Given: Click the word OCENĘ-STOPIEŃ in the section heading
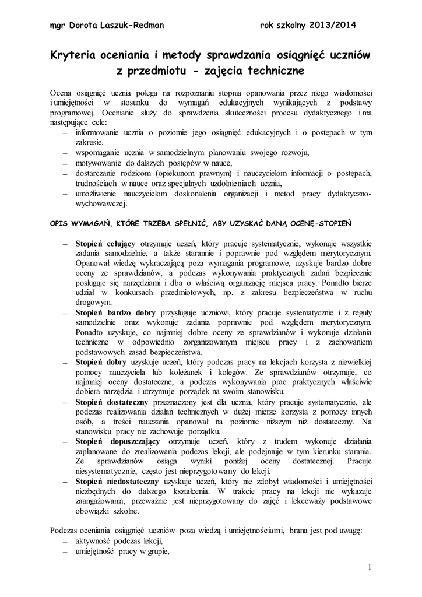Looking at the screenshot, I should point(325,223).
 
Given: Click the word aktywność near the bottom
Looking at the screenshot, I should point(94,541).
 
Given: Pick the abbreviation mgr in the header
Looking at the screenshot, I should point(58,26).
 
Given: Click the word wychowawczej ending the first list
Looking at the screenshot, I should point(101,204).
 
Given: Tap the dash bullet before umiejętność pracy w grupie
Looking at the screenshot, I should point(64,552).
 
